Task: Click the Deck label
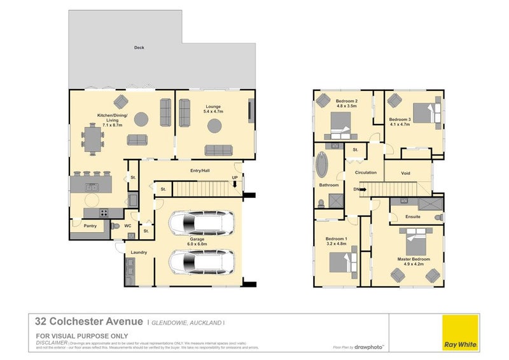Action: click(x=139, y=48)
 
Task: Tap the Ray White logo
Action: click(x=461, y=333)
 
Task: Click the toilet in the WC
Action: click(x=116, y=226)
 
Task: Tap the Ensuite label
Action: click(x=413, y=217)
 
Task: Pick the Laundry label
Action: click(x=139, y=253)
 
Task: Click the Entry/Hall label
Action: click(x=200, y=170)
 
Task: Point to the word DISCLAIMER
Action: click(x=51, y=342)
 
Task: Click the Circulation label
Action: click(x=366, y=172)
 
